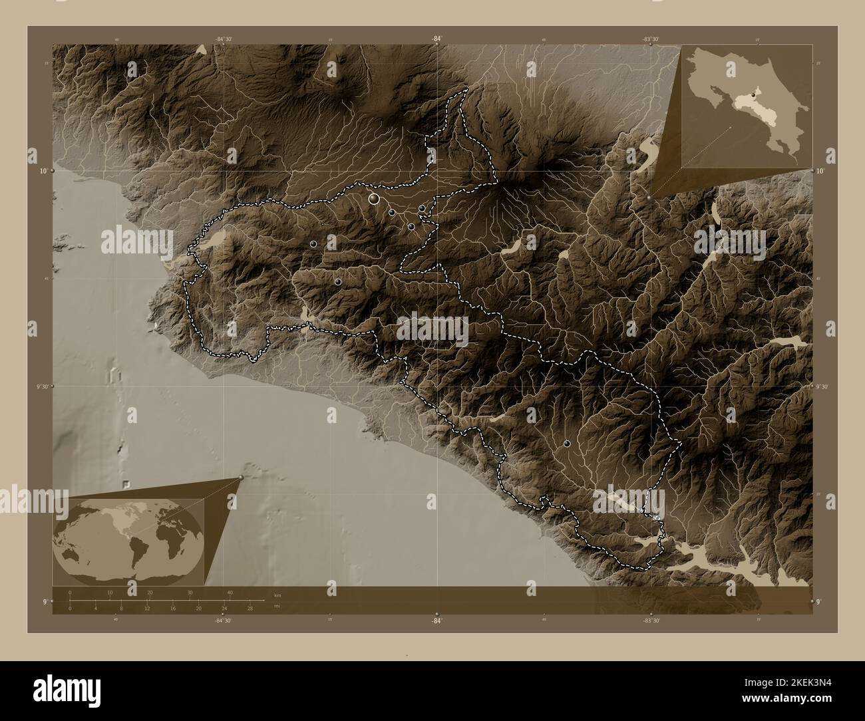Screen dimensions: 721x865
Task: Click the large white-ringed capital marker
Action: [x=374, y=198]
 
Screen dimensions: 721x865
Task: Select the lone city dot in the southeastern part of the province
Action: [x=567, y=443]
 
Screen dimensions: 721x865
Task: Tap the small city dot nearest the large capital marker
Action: [x=392, y=212]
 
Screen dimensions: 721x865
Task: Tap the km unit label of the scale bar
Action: [x=276, y=595]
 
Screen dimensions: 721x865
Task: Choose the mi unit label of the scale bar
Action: [x=276, y=606]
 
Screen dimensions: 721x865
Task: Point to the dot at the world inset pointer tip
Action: [x=241, y=478]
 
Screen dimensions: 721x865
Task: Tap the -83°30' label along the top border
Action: [x=651, y=39]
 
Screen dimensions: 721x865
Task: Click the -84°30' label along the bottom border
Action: [x=224, y=621]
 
